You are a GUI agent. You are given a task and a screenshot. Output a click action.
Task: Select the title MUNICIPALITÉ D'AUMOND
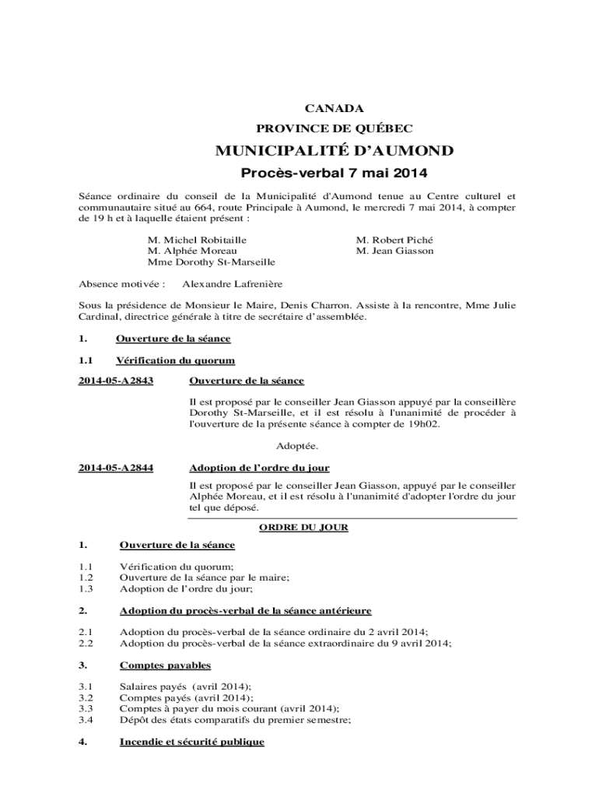pyautogui.click(x=335, y=150)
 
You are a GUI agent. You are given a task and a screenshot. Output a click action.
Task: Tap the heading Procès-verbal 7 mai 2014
pyautogui.click(x=335, y=172)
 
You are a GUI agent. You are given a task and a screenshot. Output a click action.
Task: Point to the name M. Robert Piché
pyautogui.click(x=394, y=241)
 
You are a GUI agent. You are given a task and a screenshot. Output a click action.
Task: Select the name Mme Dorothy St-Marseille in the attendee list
pyautogui.click(x=212, y=262)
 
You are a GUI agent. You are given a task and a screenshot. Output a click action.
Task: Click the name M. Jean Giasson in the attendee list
pyautogui.click(x=394, y=251)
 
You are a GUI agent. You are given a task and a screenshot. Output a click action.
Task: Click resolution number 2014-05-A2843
pyautogui.click(x=116, y=381)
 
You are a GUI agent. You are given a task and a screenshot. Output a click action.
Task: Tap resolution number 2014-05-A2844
pyautogui.click(x=116, y=468)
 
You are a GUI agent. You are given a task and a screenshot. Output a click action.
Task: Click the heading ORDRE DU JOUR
pyautogui.click(x=303, y=527)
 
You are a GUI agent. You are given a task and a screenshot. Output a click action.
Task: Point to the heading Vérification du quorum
pyautogui.click(x=175, y=360)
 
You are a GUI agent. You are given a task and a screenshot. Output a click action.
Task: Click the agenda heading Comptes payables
pyautogui.click(x=165, y=665)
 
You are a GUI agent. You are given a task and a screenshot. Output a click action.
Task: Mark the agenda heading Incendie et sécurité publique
pyautogui.click(x=191, y=742)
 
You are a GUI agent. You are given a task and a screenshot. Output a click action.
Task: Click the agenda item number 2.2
pyautogui.click(x=86, y=644)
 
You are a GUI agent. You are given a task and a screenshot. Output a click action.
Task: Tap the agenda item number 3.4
pyautogui.click(x=86, y=720)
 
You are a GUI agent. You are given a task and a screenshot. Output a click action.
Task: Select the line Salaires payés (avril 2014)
pyautogui.click(x=185, y=686)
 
